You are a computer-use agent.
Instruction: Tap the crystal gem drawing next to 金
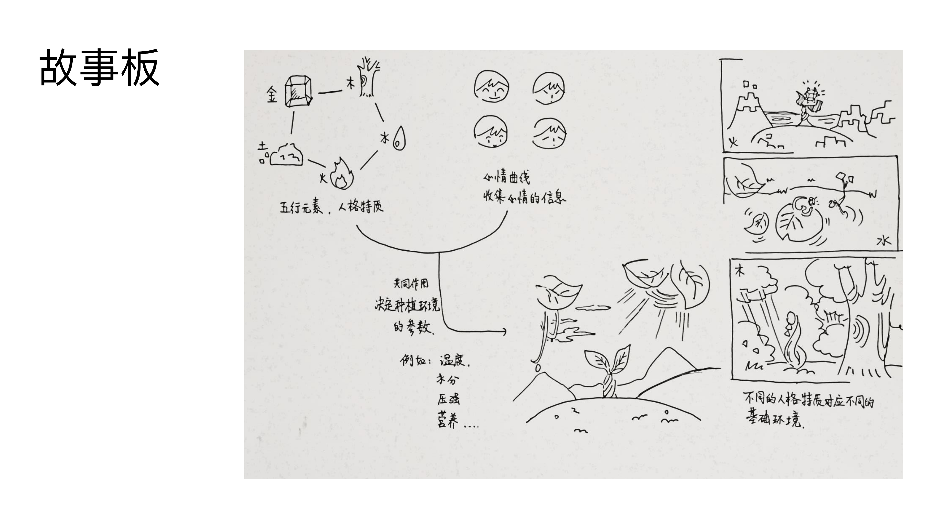coord(298,91)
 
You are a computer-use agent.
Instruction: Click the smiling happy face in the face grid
coord(492,87)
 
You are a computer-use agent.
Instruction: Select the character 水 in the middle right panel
coord(884,240)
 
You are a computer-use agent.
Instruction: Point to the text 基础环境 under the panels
coord(774,419)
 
